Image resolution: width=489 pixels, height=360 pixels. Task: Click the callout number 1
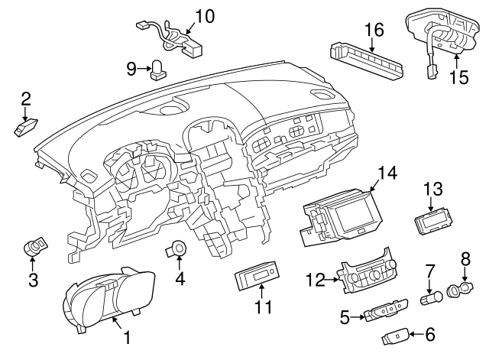coord(127,336)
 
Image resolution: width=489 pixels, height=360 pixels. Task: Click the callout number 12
coord(314,281)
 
